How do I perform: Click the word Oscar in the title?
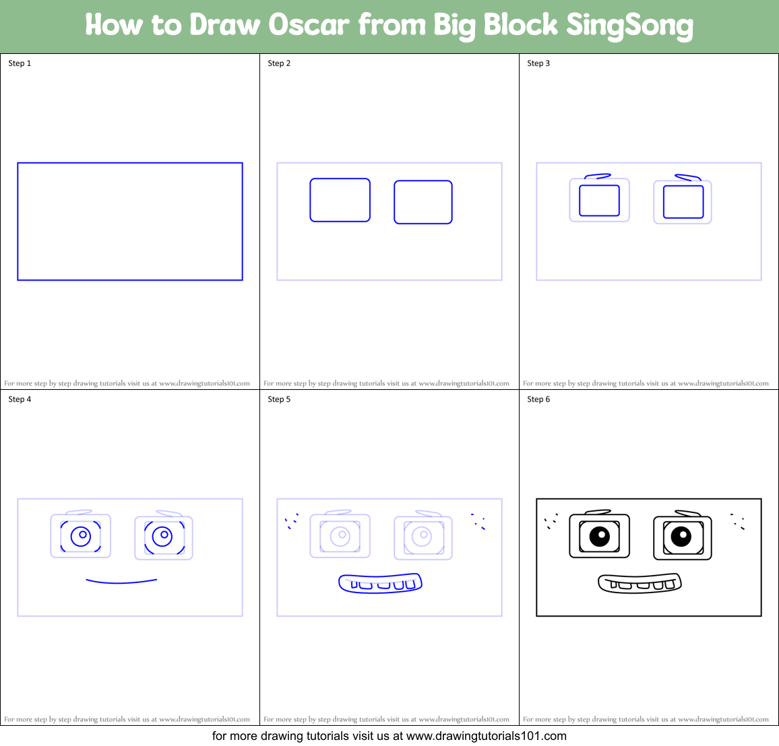coord(309,25)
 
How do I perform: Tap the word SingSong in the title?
coord(629,26)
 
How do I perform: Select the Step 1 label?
coord(20,63)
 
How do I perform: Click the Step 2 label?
coord(279,63)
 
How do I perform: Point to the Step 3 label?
coord(538,63)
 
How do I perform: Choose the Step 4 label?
coord(20,399)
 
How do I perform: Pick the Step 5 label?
coord(279,399)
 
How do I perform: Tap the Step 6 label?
coord(538,399)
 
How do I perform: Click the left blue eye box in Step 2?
coord(340,200)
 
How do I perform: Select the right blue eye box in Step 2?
coord(423,202)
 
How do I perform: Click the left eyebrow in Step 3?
coord(598,176)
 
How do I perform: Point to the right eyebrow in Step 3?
coord(687,177)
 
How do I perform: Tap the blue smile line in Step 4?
coord(121,581)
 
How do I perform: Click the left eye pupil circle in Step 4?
coord(82,536)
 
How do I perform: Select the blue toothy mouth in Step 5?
coord(380,583)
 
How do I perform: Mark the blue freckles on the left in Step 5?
coord(291,520)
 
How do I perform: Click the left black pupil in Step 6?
coord(600,536)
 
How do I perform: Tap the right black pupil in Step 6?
coord(681,537)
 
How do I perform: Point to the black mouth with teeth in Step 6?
coord(640,583)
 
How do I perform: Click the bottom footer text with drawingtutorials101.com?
coord(389,736)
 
